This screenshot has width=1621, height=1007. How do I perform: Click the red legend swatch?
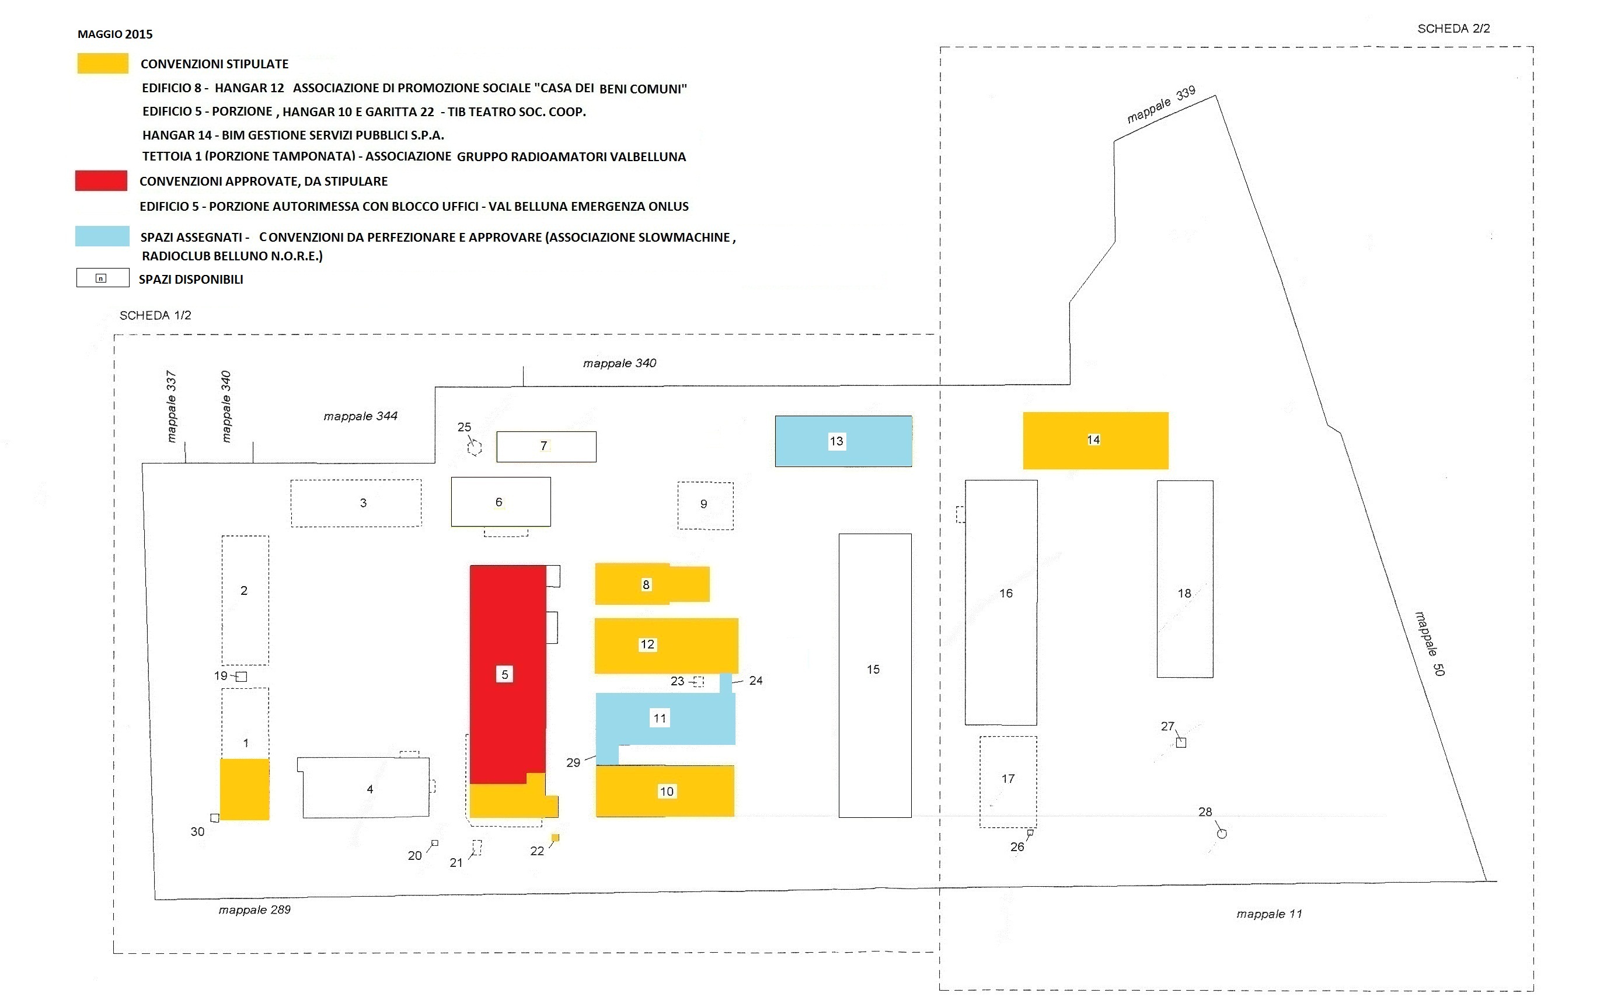100,180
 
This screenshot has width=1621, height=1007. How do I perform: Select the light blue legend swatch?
102,236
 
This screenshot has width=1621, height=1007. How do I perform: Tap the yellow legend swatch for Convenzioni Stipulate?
103,63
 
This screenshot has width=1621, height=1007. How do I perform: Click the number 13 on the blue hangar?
836,441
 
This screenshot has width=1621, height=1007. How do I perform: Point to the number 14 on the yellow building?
1093,440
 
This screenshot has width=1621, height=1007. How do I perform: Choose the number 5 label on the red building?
504,675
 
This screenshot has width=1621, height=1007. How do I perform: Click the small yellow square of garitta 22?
556,838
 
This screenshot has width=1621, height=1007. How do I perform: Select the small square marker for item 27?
1181,743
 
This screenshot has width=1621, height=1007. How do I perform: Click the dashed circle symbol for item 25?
474,448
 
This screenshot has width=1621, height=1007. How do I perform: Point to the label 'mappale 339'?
1161,105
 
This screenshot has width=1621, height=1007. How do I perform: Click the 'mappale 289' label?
255,910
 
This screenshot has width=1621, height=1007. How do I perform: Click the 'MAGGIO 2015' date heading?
114,34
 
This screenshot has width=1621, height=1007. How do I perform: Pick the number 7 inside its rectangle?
543,445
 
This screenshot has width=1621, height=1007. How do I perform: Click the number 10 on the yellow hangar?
667,791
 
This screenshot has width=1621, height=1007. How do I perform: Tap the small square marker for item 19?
242,677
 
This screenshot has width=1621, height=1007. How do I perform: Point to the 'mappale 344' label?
360,416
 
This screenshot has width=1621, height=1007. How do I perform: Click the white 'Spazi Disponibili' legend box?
103,278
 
